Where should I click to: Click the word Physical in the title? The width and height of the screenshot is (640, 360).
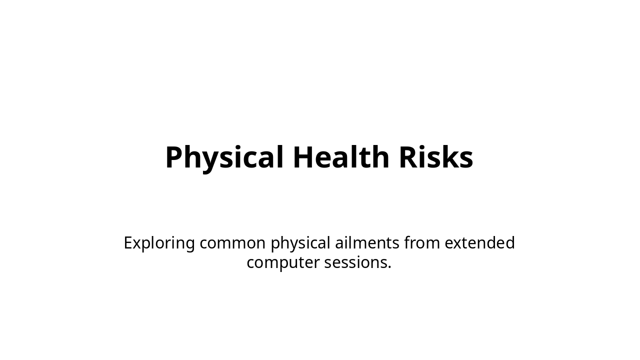(x=225, y=157)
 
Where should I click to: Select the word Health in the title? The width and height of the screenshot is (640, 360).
(x=341, y=157)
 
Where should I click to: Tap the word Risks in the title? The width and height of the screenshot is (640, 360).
(x=435, y=157)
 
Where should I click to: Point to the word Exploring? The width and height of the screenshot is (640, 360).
(x=159, y=243)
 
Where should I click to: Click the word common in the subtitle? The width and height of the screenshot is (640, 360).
(x=232, y=243)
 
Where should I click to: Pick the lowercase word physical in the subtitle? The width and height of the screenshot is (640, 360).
(x=300, y=243)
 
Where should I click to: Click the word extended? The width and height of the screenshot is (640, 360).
(x=479, y=243)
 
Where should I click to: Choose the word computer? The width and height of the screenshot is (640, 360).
(x=283, y=262)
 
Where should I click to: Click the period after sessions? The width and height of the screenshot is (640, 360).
(x=389, y=267)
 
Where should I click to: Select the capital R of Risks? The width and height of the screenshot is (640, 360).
(x=408, y=157)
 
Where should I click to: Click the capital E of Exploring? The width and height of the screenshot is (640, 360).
(x=128, y=243)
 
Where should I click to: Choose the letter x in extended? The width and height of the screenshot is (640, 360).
(x=457, y=244)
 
